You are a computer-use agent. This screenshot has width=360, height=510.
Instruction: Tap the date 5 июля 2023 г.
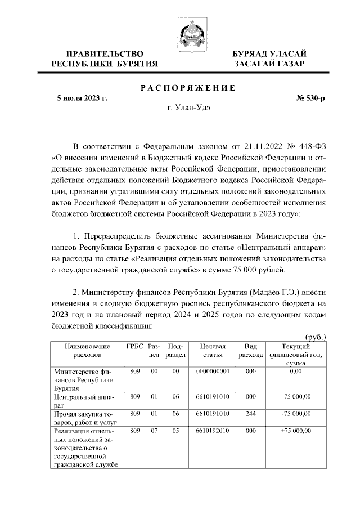(x=82, y=99)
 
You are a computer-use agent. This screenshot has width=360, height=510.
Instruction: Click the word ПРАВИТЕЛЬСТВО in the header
(x=104, y=53)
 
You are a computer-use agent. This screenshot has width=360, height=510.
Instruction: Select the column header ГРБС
(x=134, y=346)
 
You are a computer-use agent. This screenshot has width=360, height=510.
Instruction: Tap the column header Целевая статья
(x=211, y=351)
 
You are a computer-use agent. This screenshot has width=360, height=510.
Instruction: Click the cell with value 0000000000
(x=211, y=372)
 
